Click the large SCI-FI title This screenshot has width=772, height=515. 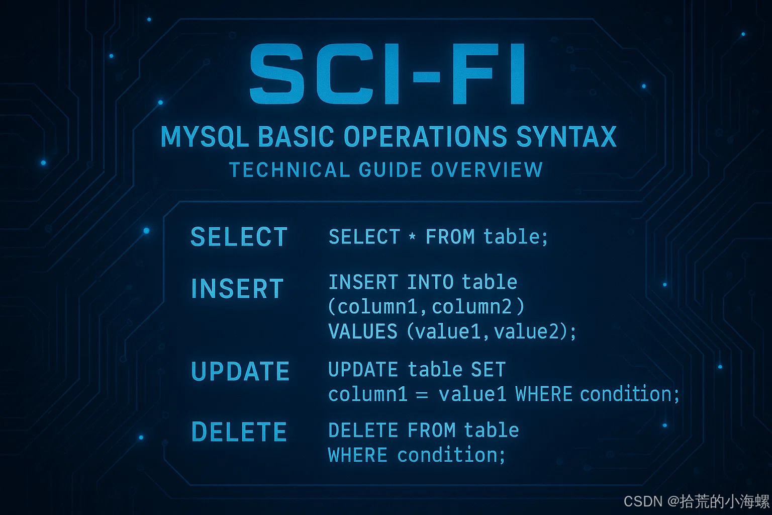[x=387, y=73]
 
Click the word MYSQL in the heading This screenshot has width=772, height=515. [x=205, y=137]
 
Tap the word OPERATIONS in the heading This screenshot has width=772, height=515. [x=425, y=136]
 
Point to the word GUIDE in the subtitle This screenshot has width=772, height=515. [x=391, y=169]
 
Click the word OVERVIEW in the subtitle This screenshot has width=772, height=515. [x=487, y=169]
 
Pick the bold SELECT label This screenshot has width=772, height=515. [x=239, y=237]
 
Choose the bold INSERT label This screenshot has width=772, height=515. [x=237, y=288]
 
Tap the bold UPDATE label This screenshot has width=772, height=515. [x=240, y=371]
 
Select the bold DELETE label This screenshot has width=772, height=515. [x=239, y=432]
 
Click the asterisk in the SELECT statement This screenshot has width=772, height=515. [x=412, y=236]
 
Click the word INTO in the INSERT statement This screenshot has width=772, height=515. [x=430, y=282]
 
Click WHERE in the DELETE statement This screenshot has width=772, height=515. [x=358, y=455]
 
